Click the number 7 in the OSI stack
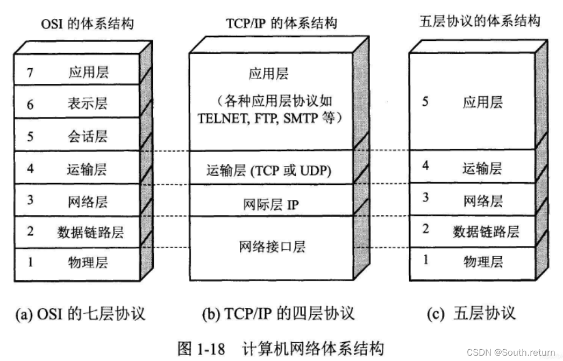click(30, 72)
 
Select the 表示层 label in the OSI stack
click(88, 104)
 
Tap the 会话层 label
click(88, 136)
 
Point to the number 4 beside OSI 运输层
click(30, 169)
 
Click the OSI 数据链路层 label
click(90, 232)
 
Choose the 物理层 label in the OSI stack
click(88, 263)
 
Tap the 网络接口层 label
click(272, 247)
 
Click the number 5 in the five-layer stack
click(425, 102)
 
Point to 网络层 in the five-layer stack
click(482, 201)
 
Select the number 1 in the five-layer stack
click(425, 260)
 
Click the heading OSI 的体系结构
click(87, 24)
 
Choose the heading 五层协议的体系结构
click(479, 21)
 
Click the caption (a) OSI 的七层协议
click(80, 313)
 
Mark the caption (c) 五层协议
click(471, 313)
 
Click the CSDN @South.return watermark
click(511, 352)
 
